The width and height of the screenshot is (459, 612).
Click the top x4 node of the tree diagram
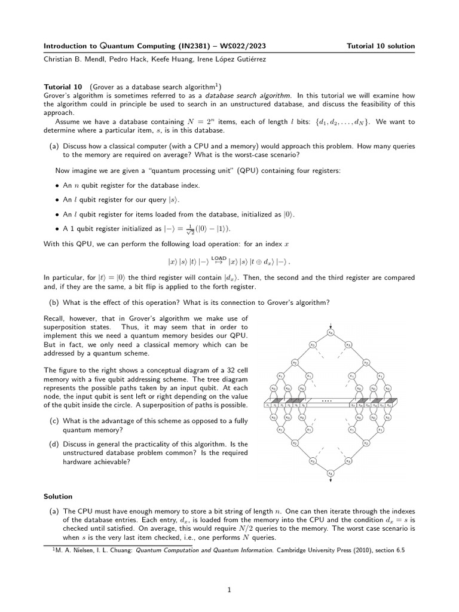coord(331,332)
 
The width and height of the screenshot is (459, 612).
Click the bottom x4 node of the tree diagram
coord(331,473)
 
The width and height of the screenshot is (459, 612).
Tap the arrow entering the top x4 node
coord(331,324)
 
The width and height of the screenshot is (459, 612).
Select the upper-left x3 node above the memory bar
coord(312,345)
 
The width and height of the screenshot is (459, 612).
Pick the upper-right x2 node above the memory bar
coord(366,362)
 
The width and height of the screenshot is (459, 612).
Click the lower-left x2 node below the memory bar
coord(294,443)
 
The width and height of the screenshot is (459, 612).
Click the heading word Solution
coord(58,497)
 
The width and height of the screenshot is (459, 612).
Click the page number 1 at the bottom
coord(229,590)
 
